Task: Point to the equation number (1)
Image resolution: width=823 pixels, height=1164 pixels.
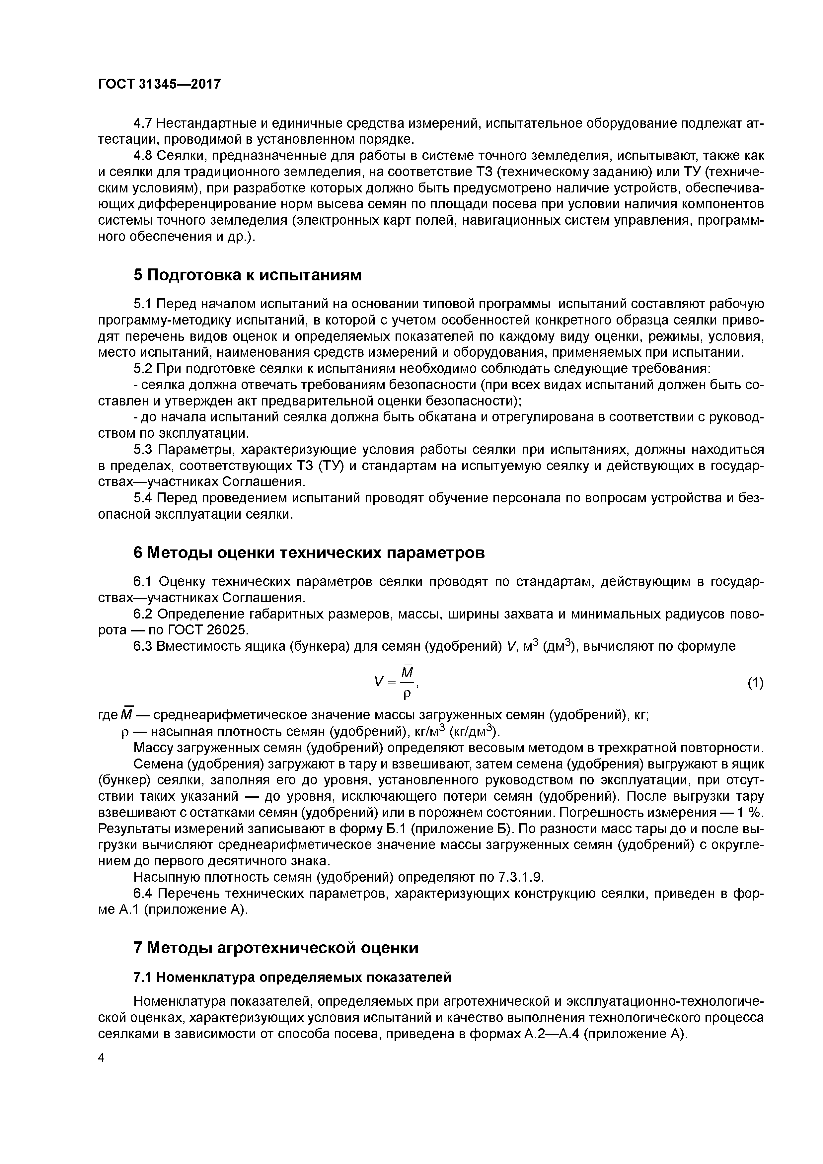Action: pos(755,684)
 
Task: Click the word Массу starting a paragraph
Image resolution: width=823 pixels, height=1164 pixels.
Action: pos(152,748)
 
